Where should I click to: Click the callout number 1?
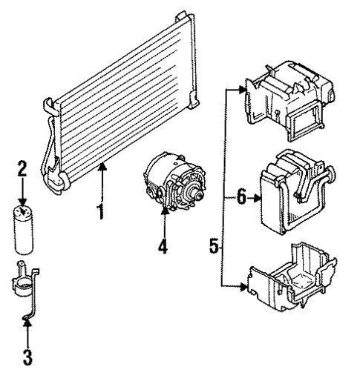(99, 211)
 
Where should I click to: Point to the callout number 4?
(162, 245)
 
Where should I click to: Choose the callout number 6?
(239, 196)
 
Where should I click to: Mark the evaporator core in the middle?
(286, 193)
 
